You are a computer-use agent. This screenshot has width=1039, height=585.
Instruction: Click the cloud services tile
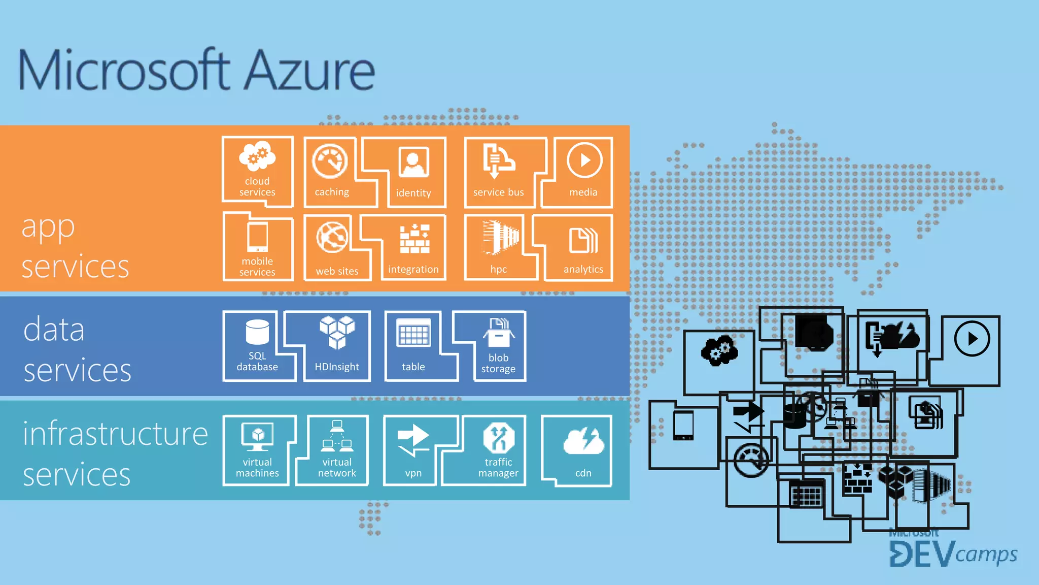point(257,172)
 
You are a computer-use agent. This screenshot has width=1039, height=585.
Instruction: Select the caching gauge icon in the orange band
point(330,161)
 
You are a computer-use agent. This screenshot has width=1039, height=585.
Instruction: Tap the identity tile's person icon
point(414,162)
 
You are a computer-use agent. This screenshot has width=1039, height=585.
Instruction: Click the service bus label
point(498,192)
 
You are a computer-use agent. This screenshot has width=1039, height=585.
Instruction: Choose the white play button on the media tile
point(584,160)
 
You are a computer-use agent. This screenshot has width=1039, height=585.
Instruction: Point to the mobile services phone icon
point(257,237)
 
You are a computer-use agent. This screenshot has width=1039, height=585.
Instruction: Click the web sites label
point(337,271)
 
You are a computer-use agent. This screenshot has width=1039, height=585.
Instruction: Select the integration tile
point(413,249)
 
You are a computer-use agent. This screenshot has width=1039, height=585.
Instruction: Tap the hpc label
point(498,270)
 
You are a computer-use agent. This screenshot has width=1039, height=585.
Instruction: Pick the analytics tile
point(582,249)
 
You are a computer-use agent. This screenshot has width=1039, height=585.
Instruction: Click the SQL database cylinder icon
point(257,332)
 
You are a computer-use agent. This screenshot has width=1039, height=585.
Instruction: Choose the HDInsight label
point(337,367)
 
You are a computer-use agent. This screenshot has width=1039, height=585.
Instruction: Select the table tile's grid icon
point(414,333)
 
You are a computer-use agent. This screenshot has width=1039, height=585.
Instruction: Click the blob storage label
point(498,363)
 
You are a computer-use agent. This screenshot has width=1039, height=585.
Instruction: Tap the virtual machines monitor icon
point(258,436)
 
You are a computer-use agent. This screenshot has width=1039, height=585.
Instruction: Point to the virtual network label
point(337,468)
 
